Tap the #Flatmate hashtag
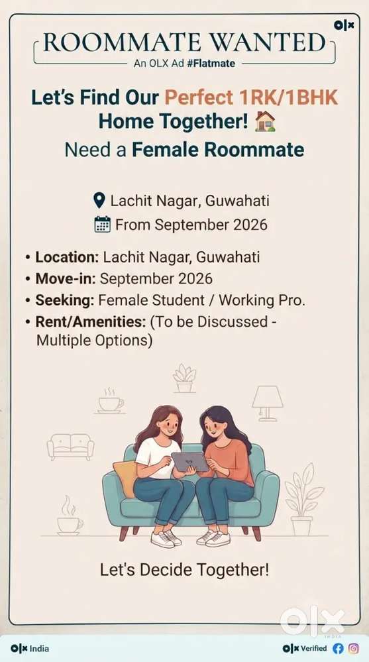pyautogui.click(x=211, y=64)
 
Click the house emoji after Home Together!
pyautogui.click(x=265, y=121)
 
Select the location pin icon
pyautogui.click(x=99, y=201)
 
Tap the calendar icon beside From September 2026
pyautogui.click(x=102, y=224)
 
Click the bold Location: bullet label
pyautogui.click(x=67, y=257)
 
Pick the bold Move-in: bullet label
pyautogui.click(x=66, y=278)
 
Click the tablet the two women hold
pyautogui.click(x=189, y=462)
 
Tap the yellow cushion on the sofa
pyautogui.click(x=125, y=478)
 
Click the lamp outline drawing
pyautogui.click(x=267, y=403)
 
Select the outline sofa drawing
pyautogui.click(x=70, y=447)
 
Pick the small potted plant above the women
pyautogui.click(x=184, y=378)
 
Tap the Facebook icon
pyautogui.click(x=338, y=648)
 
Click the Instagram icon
pyautogui.click(x=354, y=648)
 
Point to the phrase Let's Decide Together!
pyautogui.click(x=184, y=570)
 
